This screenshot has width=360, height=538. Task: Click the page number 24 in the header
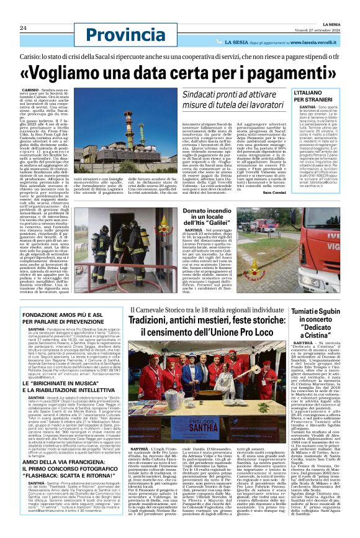tap(23, 28)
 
